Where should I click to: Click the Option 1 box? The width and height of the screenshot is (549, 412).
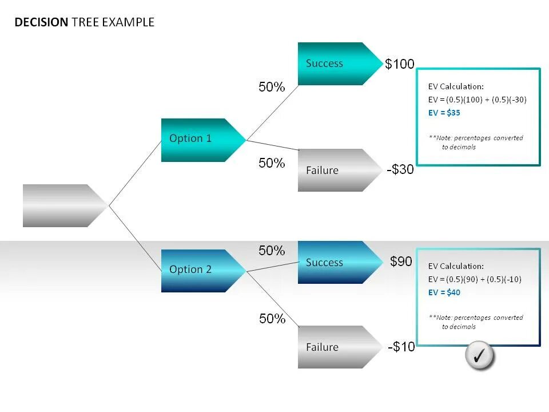[197, 140]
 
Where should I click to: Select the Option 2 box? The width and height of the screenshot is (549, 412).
[197, 271]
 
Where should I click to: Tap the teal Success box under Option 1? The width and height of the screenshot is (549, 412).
[335, 64]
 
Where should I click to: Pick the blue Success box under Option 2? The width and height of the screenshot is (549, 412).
[335, 263]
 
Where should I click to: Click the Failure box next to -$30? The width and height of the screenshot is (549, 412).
[335, 170]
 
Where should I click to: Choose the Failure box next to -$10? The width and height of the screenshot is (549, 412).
[335, 347]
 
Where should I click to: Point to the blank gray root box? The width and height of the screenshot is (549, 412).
[60, 205]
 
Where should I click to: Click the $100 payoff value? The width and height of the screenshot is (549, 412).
[399, 64]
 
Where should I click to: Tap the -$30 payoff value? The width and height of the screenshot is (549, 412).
[400, 170]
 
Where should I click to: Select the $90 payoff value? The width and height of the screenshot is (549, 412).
[401, 262]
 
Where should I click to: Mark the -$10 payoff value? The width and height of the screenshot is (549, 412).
[401, 347]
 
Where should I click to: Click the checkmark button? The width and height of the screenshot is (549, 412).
[479, 356]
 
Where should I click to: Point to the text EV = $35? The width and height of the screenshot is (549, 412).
[444, 113]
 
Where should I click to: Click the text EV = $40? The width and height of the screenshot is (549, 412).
[444, 292]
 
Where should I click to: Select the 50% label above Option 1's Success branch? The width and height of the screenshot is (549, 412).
[272, 87]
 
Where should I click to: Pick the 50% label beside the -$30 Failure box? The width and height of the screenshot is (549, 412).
[272, 163]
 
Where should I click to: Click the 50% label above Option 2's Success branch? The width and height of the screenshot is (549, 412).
[272, 251]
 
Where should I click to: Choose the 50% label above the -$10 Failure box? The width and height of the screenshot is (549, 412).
[272, 319]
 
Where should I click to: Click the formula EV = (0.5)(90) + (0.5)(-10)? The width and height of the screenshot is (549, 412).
[475, 279]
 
